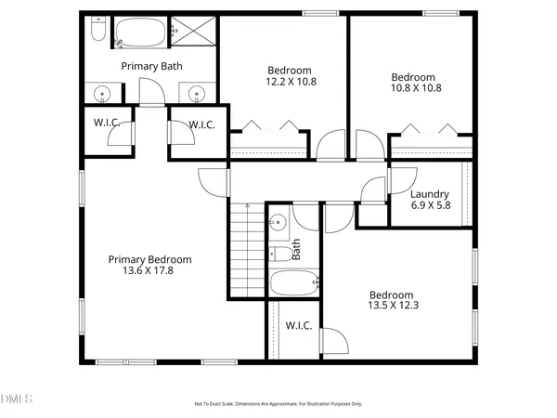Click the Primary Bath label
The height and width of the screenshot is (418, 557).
click(x=152, y=66)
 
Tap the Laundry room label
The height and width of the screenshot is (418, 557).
click(x=430, y=194)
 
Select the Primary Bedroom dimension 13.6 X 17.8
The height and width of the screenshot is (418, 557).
click(x=149, y=271)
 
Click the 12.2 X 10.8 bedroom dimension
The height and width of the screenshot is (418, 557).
click(x=290, y=82)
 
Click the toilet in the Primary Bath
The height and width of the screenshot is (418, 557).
click(x=97, y=33)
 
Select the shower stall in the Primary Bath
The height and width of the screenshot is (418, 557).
click(x=195, y=33)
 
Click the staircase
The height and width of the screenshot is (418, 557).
click(x=247, y=250)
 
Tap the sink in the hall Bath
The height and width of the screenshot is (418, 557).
click(x=277, y=222)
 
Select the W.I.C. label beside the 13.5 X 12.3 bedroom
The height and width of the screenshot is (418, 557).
click(x=298, y=326)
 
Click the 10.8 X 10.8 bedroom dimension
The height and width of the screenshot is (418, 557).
click(x=413, y=88)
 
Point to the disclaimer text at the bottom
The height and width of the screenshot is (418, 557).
click(x=278, y=404)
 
